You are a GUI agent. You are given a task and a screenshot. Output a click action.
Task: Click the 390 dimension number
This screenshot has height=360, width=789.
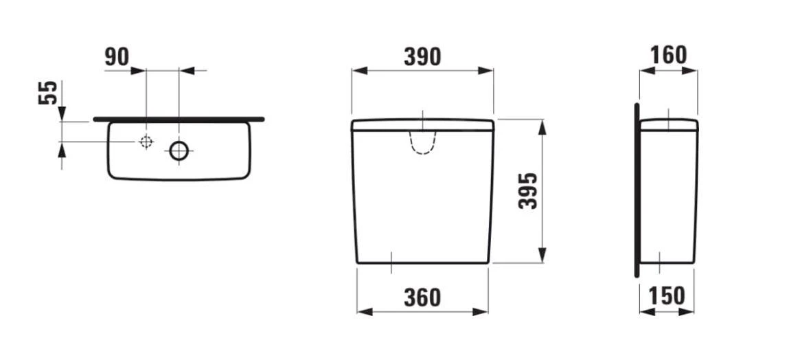pyautogui.click(x=422, y=56)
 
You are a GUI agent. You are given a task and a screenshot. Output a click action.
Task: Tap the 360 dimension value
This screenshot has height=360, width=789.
pyautogui.click(x=422, y=297)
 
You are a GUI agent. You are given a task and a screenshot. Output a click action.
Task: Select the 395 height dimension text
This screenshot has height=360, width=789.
pyautogui.click(x=527, y=191)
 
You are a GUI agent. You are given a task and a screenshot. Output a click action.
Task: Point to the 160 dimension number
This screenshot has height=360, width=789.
pyautogui.click(x=668, y=55)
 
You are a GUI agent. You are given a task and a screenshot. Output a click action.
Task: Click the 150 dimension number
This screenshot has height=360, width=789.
pyautogui.click(x=667, y=295)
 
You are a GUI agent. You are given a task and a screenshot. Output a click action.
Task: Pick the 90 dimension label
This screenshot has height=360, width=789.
pyautogui.click(x=117, y=58)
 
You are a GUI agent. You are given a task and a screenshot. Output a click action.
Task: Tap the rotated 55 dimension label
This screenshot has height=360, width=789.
pyautogui.click(x=47, y=92)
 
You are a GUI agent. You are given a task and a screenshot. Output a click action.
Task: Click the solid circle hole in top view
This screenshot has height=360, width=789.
pyautogui.click(x=179, y=150)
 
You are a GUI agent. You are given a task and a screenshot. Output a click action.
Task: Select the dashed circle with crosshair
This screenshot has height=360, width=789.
pyautogui.click(x=145, y=142)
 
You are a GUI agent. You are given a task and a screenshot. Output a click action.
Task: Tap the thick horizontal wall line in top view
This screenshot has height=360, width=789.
pyautogui.click(x=179, y=119)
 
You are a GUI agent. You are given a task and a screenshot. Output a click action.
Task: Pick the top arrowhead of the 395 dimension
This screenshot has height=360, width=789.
pyautogui.click(x=542, y=125)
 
